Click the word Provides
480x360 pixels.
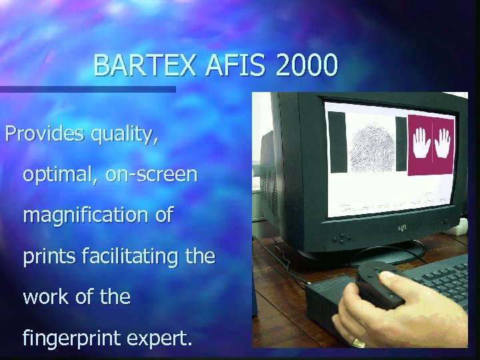(x=45, y=134)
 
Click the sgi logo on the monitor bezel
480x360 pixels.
(x=403, y=229)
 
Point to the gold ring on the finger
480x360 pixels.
(x=358, y=342)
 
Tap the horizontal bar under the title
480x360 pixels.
(x=87, y=89)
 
